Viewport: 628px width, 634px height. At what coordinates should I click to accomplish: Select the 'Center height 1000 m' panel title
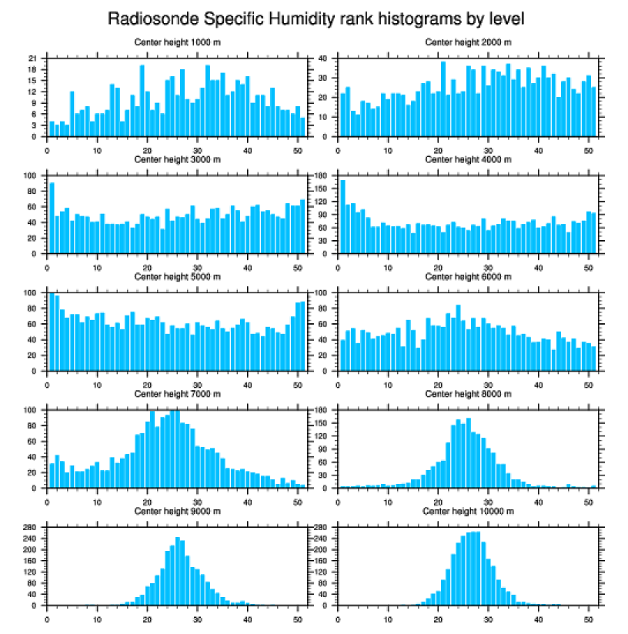[178, 42]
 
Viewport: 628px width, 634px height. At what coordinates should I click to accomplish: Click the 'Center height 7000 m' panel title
[178, 393]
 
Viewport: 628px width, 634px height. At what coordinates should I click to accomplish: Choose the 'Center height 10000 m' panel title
[469, 511]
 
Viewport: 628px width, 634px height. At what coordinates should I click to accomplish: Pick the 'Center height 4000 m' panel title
[469, 159]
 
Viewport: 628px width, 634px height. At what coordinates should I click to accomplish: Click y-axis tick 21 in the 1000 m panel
[32, 58]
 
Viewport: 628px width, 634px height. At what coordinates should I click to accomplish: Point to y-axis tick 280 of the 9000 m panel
[31, 527]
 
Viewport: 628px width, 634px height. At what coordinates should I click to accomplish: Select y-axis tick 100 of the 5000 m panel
[31, 292]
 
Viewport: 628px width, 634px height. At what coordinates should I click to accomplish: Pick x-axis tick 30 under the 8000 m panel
[488, 499]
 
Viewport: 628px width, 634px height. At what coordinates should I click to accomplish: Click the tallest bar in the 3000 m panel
[52, 219]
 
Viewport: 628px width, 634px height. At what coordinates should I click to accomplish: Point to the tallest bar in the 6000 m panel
[458, 339]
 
